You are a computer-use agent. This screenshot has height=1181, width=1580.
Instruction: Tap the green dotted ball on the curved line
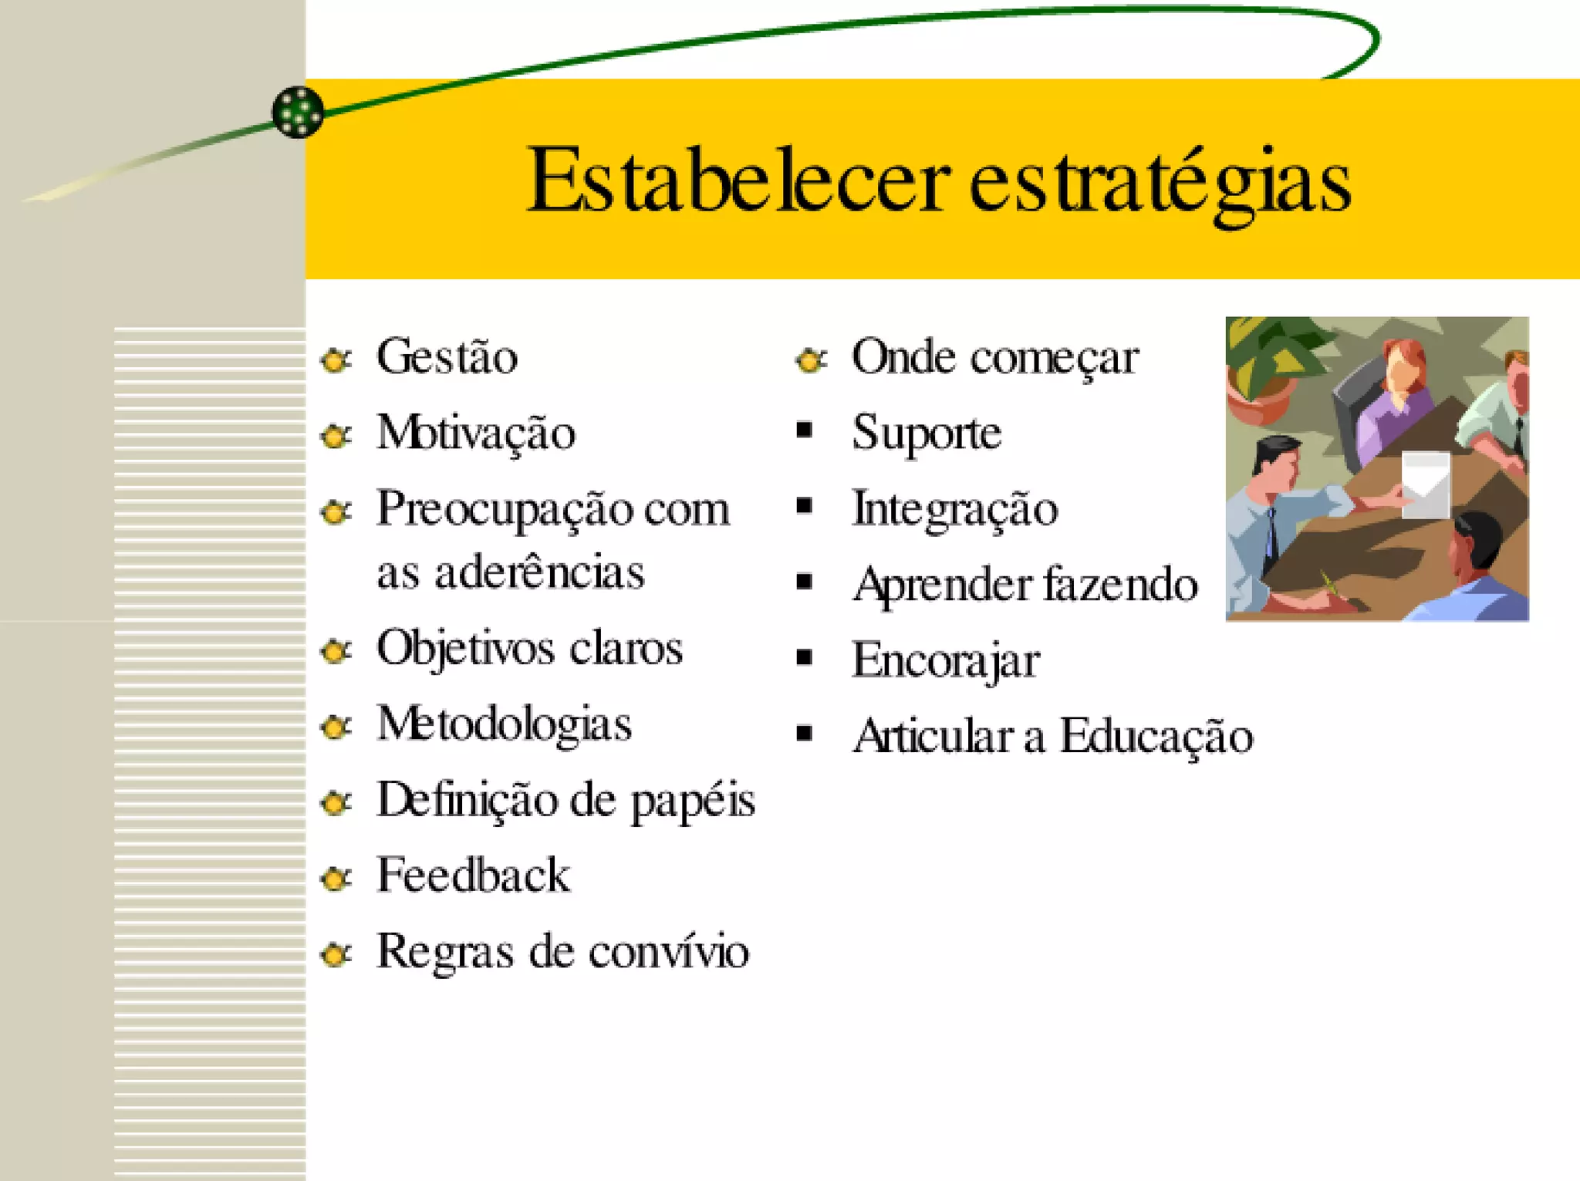pyautogui.click(x=298, y=113)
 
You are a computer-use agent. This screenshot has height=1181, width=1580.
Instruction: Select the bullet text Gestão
pyautogui.click(x=447, y=357)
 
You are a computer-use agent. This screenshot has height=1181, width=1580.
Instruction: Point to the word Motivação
pyautogui.click(x=476, y=433)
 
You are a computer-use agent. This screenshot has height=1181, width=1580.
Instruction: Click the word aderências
pyautogui.click(x=539, y=573)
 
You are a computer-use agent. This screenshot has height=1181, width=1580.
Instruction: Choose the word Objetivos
pyautogui.click(x=464, y=649)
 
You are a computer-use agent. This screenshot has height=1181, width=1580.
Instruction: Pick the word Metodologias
pyautogui.click(x=504, y=724)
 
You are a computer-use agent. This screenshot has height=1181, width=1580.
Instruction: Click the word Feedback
pyautogui.click(x=473, y=876)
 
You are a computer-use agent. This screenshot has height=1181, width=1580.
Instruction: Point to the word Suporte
pyautogui.click(x=927, y=433)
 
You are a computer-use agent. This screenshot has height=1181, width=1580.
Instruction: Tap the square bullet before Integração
pyautogui.click(x=805, y=506)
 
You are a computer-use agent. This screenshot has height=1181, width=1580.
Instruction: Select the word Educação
pyautogui.click(x=1156, y=737)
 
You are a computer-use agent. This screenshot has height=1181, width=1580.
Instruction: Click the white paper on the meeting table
pyautogui.click(x=1425, y=484)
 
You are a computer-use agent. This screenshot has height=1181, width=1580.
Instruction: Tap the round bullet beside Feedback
pyautogui.click(x=336, y=878)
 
